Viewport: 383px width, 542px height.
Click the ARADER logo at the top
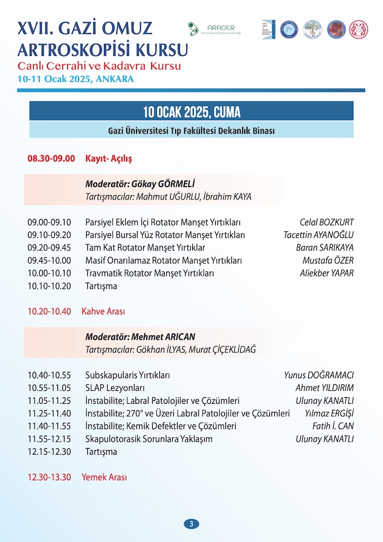coord(215,29)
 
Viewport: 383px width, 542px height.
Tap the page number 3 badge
coord(191,524)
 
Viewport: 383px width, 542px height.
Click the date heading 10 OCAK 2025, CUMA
coord(191,112)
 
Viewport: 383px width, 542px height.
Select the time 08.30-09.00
coord(51,159)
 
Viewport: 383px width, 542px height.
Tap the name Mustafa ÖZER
coord(328,260)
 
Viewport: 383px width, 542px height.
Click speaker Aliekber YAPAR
coord(326,273)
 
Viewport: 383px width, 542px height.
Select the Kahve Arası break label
coord(103,312)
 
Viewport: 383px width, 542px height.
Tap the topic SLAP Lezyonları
coord(115,388)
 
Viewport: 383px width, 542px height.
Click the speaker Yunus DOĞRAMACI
coord(319,375)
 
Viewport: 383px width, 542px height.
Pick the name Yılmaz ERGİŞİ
coord(329,414)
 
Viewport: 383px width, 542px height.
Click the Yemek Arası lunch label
coord(105,478)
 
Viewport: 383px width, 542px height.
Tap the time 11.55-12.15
coord(49,439)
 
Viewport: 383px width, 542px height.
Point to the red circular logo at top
coord(335,29)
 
